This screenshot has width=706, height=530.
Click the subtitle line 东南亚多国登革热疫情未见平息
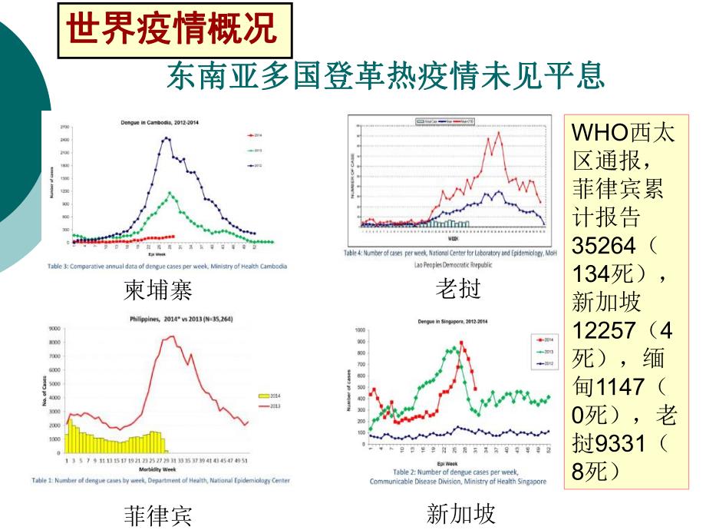[386, 78]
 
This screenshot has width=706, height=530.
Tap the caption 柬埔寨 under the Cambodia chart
[157, 290]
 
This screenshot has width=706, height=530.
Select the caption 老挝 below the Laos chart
[458, 289]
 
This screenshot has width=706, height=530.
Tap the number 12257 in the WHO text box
[604, 330]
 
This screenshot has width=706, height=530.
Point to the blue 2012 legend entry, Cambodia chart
[256, 164]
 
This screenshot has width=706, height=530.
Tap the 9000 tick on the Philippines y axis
[54, 329]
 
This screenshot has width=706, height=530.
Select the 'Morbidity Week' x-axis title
[158, 468]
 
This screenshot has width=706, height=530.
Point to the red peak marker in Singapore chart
[461, 343]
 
